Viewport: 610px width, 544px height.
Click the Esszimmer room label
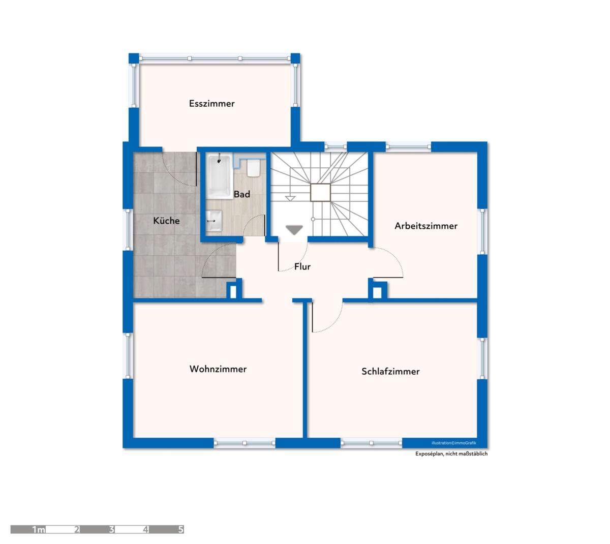(x=211, y=103)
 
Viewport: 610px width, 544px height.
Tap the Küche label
(x=166, y=220)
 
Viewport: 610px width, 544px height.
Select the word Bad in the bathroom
(x=242, y=194)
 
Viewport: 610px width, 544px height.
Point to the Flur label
(x=302, y=266)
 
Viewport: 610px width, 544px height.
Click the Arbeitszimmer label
(x=426, y=226)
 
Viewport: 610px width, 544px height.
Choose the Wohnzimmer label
(x=218, y=369)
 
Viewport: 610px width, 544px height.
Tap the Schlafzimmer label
(x=390, y=371)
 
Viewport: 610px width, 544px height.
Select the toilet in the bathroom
(x=253, y=168)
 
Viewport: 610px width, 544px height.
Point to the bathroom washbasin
(x=214, y=221)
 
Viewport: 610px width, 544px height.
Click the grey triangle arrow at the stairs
(x=294, y=230)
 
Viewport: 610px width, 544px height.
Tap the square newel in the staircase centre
(x=320, y=192)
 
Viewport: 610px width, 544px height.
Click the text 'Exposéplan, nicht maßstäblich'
(x=451, y=454)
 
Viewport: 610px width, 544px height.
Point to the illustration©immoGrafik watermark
(x=454, y=443)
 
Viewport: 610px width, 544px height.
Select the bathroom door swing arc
(x=251, y=222)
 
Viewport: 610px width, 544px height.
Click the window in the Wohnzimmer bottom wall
(x=245, y=443)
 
